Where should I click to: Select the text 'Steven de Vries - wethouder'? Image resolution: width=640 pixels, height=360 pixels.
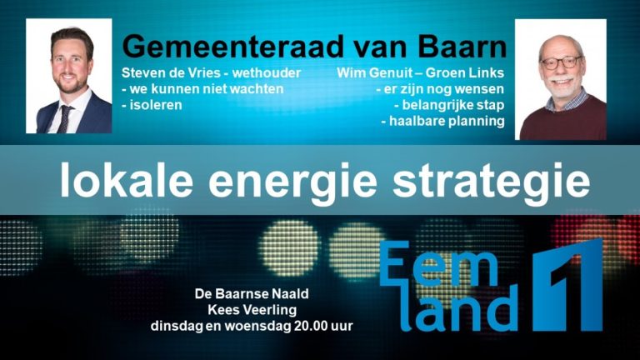211,72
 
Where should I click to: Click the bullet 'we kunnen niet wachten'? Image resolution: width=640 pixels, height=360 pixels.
202,89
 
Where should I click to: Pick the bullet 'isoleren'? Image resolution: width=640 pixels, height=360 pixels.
151,106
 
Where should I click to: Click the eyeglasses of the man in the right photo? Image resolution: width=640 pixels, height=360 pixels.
560,62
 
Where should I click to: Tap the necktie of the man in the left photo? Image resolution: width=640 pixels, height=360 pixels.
64,117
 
